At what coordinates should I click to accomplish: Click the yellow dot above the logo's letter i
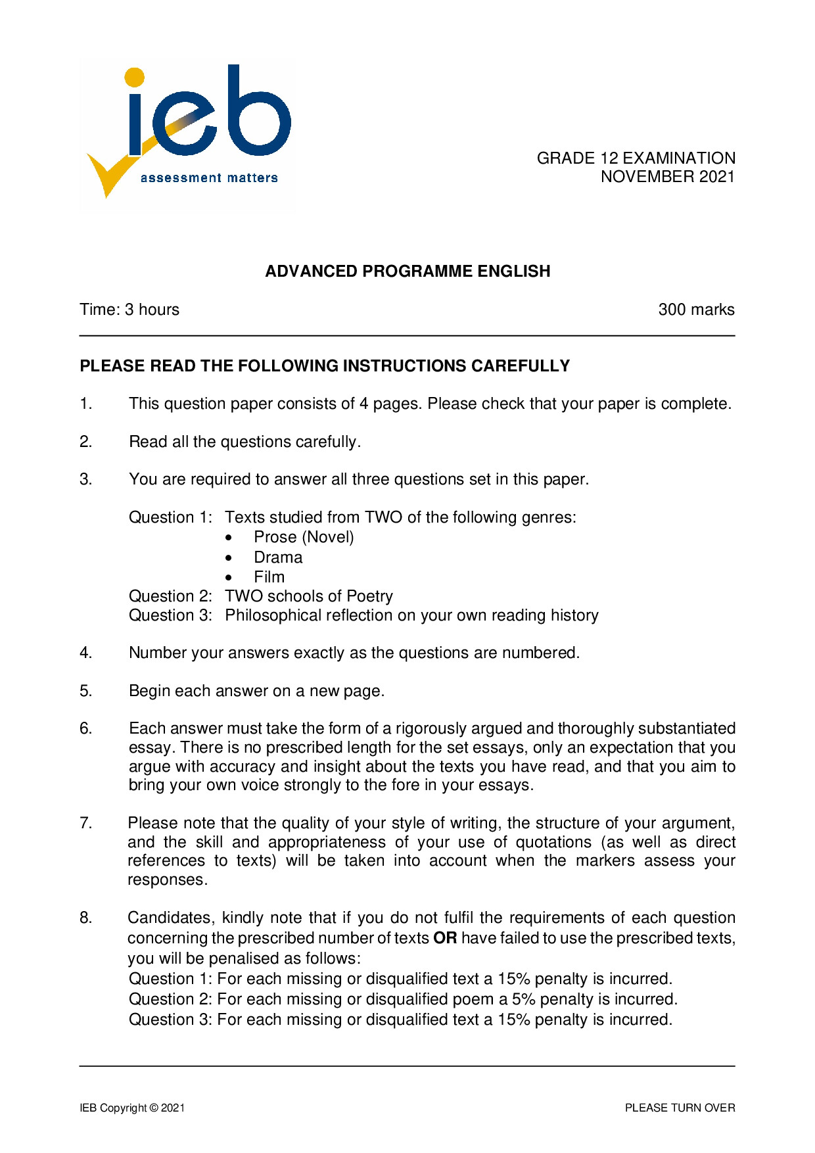click(x=134, y=77)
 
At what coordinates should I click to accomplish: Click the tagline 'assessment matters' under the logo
click(x=209, y=177)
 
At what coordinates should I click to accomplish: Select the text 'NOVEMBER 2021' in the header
click(x=667, y=177)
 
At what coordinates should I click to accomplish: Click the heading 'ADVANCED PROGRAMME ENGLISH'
click(x=407, y=271)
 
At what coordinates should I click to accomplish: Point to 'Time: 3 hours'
click(x=129, y=310)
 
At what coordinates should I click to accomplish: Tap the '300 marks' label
click(x=696, y=310)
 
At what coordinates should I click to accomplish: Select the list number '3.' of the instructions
click(x=86, y=479)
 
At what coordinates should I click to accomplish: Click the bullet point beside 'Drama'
click(x=228, y=558)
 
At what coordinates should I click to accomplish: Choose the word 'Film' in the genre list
click(x=269, y=577)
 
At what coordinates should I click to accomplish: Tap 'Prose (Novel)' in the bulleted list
click(x=304, y=538)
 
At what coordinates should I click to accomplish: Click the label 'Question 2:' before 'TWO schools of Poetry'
click(x=170, y=596)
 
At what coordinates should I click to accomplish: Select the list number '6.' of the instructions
click(x=86, y=728)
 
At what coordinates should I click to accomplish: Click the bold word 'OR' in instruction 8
click(x=445, y=938)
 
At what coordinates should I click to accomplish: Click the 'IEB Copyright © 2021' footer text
click(x=132, y=1108)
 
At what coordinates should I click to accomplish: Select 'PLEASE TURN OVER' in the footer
click(x=680, y=1108)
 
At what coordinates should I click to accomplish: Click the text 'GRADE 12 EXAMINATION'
click(x=636, y=158)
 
